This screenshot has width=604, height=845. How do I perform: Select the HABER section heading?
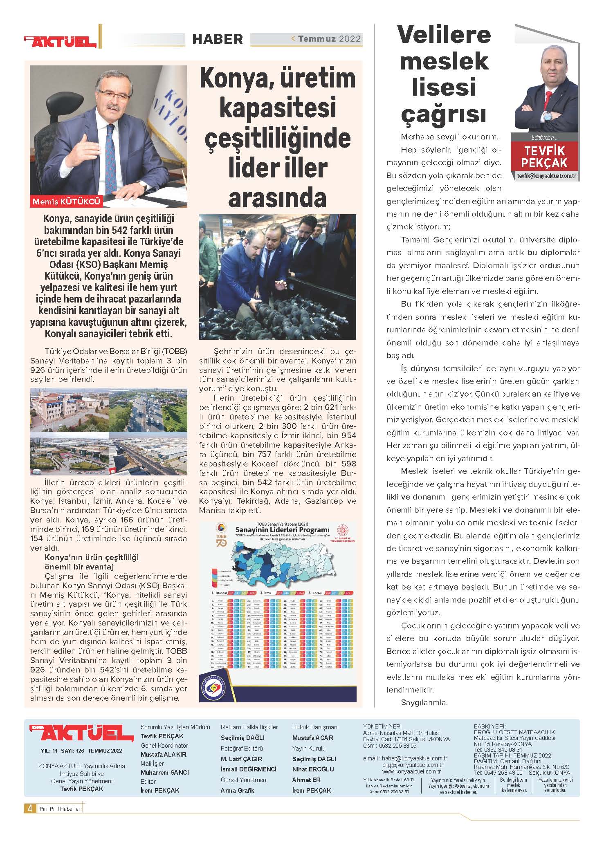(x=218, y=39)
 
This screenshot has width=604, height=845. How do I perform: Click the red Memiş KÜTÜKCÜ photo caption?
(x=66, y=201)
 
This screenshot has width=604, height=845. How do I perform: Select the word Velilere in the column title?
(x=444, y=34)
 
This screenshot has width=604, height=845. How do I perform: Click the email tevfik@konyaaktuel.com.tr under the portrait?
(x=546, y=176)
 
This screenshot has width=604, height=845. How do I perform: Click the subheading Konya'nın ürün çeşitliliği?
(x=92, y=558)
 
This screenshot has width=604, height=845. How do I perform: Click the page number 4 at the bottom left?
(x=29, y=808)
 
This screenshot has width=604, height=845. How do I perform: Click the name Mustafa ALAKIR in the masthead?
(x=163, y=754)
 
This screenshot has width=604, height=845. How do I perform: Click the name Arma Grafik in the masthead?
(x=237, y=790)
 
